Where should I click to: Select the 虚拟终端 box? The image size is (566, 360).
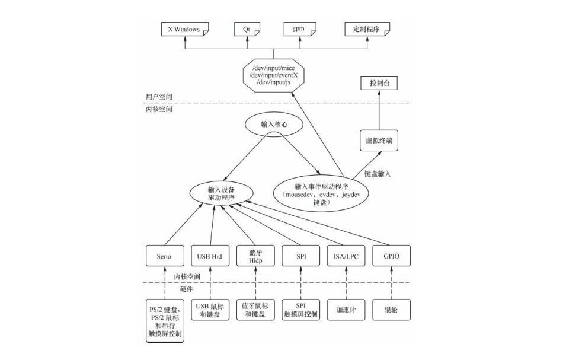[378, 141]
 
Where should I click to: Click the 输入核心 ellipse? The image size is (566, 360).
[273, 125]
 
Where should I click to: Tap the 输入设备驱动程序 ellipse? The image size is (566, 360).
[220, 192]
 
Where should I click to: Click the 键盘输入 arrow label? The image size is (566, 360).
[378, 174]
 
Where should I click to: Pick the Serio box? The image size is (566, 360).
[164, 256]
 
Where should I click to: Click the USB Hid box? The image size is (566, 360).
[209, 256]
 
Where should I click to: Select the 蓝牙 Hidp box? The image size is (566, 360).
[255, 256]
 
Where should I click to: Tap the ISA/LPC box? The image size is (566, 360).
[347, 256]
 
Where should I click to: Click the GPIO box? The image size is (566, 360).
[392, 256]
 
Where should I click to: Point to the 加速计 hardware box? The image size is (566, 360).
[347, 310]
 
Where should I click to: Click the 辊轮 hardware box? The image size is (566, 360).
[392, 310]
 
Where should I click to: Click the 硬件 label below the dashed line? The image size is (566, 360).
[186, 289]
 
